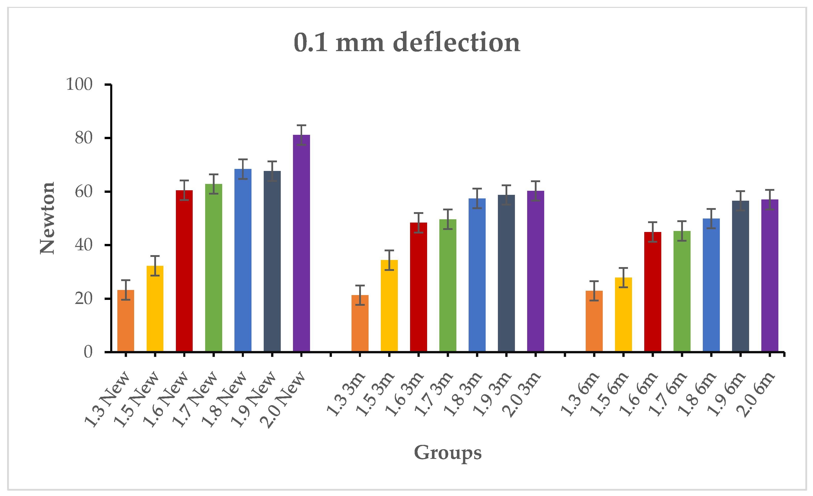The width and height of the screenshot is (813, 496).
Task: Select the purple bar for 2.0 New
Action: click(301, 243)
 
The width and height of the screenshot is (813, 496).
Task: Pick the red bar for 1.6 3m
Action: click(418, 287)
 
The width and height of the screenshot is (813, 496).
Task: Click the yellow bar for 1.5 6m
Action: click(623, 314)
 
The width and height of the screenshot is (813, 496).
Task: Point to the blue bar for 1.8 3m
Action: click(477, 275)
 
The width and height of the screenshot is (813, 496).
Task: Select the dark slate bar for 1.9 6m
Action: click(740, 276)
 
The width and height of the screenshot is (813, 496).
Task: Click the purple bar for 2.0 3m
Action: click(536, 271)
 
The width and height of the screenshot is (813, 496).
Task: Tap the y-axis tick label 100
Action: click(79, 84)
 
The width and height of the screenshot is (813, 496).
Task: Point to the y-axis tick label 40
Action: click(83, 245)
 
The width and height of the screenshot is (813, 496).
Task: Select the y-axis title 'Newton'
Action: click(47, 218)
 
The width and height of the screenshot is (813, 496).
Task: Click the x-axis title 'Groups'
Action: click(448, 453)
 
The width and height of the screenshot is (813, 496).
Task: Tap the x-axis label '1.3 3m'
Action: click(346, 393)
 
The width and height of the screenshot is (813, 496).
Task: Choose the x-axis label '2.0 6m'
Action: click(755, 394)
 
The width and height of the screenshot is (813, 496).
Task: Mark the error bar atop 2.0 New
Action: click(301, 135)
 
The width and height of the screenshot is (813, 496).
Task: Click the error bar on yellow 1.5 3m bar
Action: click(389, 260)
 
